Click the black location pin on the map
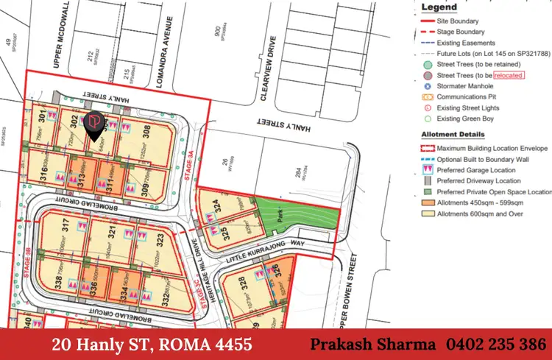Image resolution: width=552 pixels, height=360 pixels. (95, 126)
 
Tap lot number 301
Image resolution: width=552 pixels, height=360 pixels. (44, 116)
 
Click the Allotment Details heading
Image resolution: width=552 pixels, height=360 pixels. (453, 135)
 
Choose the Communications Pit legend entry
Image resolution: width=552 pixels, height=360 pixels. (471, 96)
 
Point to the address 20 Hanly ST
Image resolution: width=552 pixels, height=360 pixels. (107, 344)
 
